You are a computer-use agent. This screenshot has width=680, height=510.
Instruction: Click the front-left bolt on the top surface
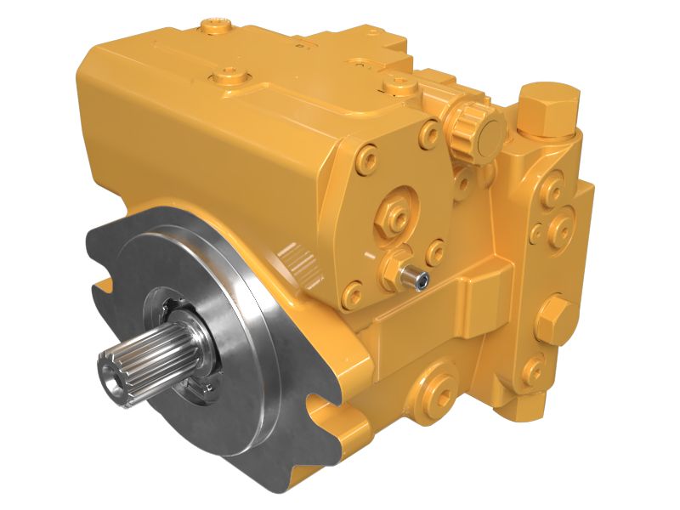click(x=228, y=77)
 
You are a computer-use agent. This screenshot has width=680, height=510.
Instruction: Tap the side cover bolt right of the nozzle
click(x=436, y=252)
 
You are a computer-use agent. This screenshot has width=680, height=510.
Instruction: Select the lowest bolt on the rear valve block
click(x=535, y=368)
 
